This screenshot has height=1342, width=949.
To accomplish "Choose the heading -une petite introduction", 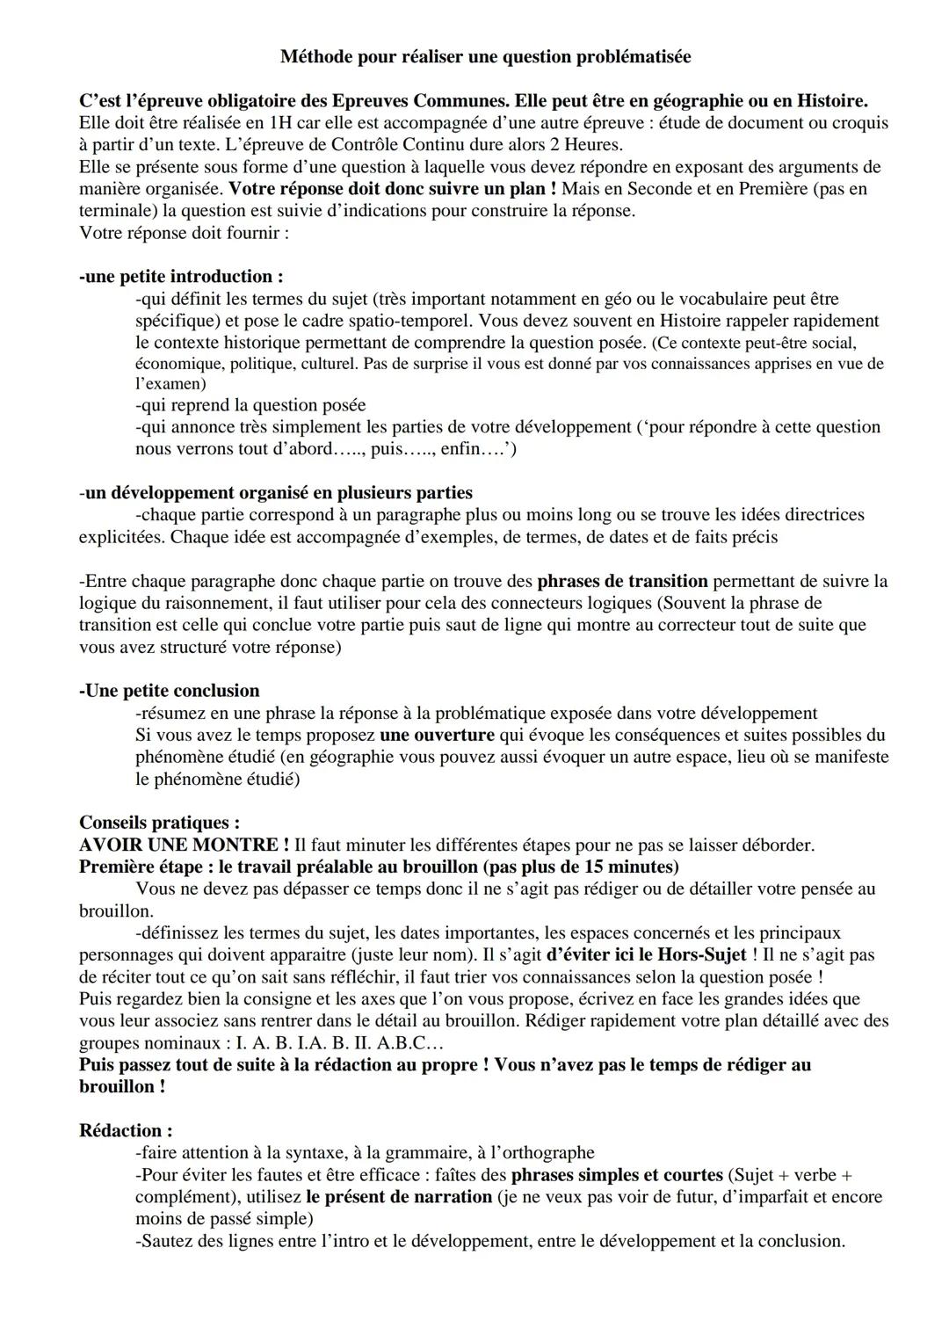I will point(181,277).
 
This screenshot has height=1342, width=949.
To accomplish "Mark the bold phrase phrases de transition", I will point(622,581).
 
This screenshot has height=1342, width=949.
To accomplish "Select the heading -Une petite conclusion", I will point(170,691).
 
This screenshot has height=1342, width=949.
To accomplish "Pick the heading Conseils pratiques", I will point(159,823).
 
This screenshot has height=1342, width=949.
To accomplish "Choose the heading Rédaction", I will point(125,1131).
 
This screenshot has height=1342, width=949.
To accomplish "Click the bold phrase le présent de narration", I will point(399,1197).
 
